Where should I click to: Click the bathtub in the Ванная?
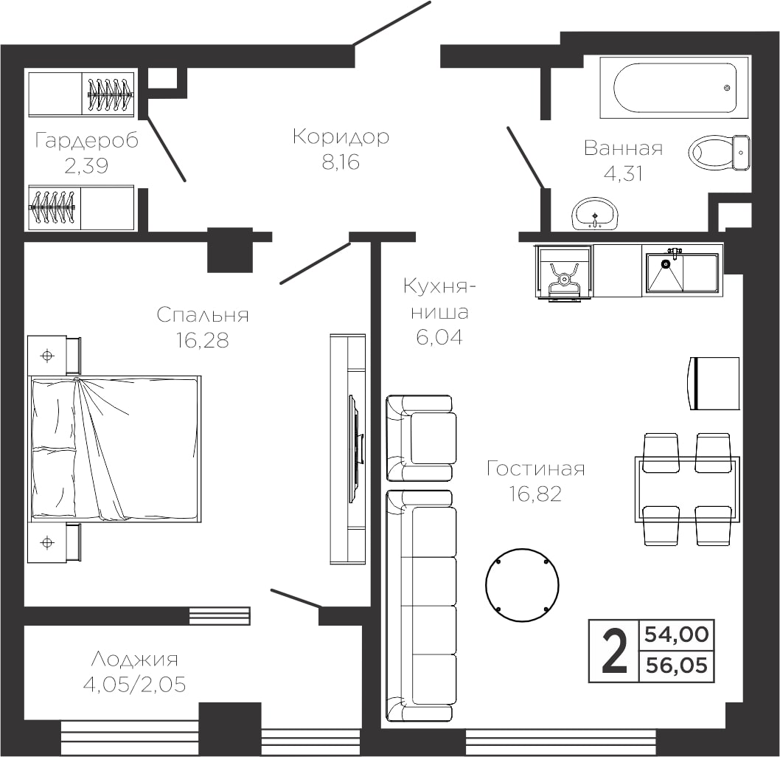[x=674, y=88]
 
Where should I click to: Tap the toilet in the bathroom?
[x=719, y=153]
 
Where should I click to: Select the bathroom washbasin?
[x=594, y=213]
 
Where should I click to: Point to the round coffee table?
[x=522, y=585]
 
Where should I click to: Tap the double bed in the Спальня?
[x=116, y=449]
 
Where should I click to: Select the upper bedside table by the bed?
[x=54, y=356]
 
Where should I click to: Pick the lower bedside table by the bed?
[x=54, y=542]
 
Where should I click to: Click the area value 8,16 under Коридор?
[x=341, y=162]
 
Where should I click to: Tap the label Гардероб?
[x=87, y=141]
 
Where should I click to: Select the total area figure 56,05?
[x=677, y=666]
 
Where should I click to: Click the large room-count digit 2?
[x=614, y=651]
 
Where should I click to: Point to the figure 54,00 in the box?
[x=677, y=635]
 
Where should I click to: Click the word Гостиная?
[x=536, y=469]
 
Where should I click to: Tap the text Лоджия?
[x=135, y=660]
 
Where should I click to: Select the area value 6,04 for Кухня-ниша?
[x=439, y=337]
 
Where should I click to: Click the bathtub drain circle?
[x=727, y=88]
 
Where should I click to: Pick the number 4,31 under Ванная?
[x=623, y=173]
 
